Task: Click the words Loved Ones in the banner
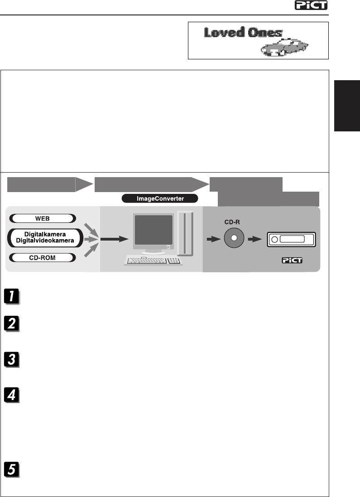(x=243, y=33)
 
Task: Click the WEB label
(x=42, y=219)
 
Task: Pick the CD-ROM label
(x=42, y=258)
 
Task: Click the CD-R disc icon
(x=234, y=238)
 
